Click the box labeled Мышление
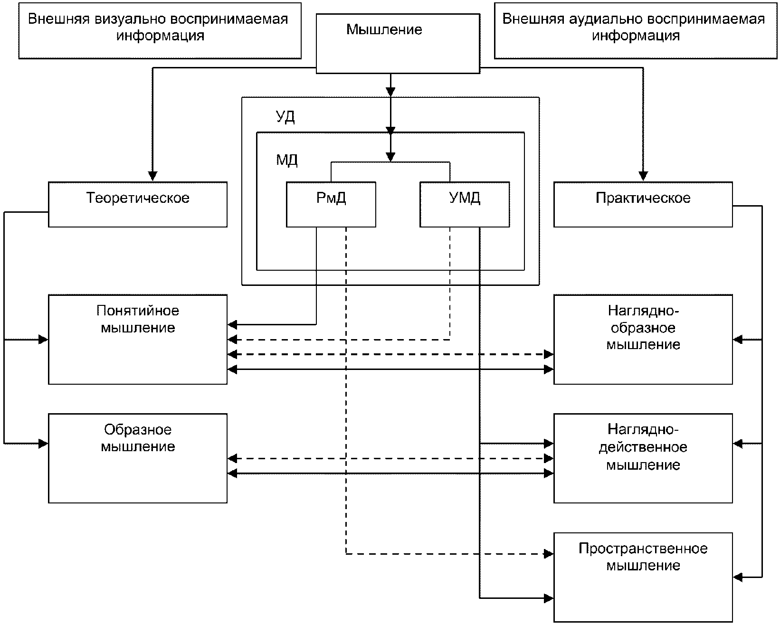pos(398,44)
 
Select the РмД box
pos(331,204)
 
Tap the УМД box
pos(465,204)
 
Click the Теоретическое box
pos(138,204)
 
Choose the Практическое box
pos(643,204)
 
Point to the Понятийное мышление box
pos(138,340)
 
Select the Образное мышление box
pos(138,458)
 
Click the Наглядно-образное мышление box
pos(643,340)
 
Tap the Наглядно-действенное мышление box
pos(643,458)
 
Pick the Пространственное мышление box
pos(643,578)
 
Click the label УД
pos(285,117)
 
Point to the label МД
pos(287,160)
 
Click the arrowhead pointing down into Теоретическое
pos(152,176)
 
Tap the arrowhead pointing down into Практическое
pos(643,176)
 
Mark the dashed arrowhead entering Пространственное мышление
pos(548,554)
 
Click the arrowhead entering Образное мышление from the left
pos(43,444)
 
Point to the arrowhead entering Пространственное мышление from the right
pos(738,577)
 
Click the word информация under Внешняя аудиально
pos(636,36)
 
